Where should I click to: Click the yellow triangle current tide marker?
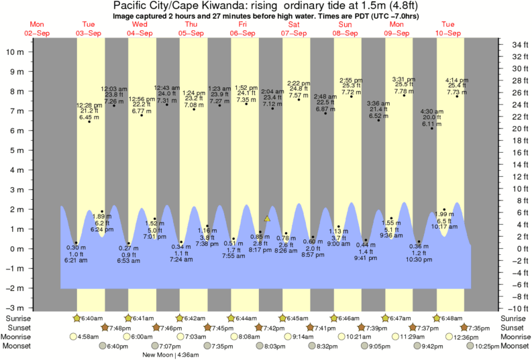point(267,219)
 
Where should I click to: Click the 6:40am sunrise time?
point(92,318)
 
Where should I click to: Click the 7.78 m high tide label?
point(404,91)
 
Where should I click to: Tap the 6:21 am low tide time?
point(76,260)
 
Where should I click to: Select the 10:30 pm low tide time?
point(419,260)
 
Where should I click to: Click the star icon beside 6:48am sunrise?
point(437,318)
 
